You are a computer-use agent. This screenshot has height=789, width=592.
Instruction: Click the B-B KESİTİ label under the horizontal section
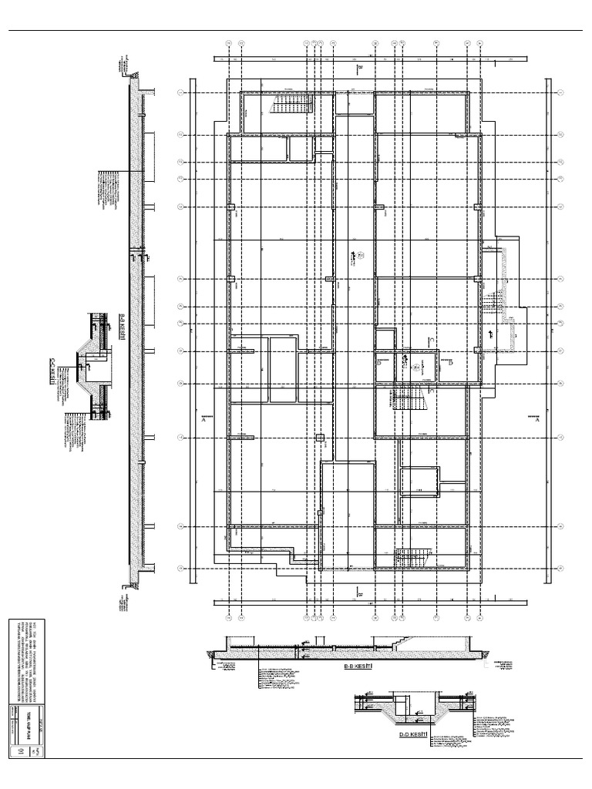pyautogui.click(x=358, y=665)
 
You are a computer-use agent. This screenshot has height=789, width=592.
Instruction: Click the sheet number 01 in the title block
pyautogui.click(x=22, y=750)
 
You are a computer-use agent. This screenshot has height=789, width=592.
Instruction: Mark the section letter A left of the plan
pyautogui.click(x=203, y=421)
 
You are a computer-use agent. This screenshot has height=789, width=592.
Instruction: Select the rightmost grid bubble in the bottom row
pyautogui.click(x=480, y=617)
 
